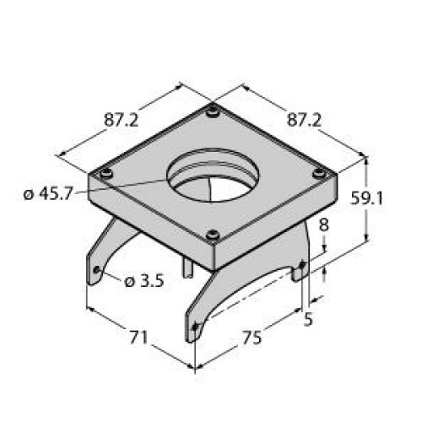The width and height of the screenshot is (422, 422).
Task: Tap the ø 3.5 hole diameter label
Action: [144, 281]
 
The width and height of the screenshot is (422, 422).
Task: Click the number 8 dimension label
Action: [323, 226]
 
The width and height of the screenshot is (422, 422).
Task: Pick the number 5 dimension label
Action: [310, 319]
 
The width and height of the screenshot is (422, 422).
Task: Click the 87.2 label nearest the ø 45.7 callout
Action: [122, 120]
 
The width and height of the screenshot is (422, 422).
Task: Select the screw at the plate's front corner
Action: [213, 235]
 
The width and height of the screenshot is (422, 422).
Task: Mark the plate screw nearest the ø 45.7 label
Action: [105, 173]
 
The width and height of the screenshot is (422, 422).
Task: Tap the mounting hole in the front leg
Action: [196, 326]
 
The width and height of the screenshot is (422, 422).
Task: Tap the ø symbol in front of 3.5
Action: [129, 281]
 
